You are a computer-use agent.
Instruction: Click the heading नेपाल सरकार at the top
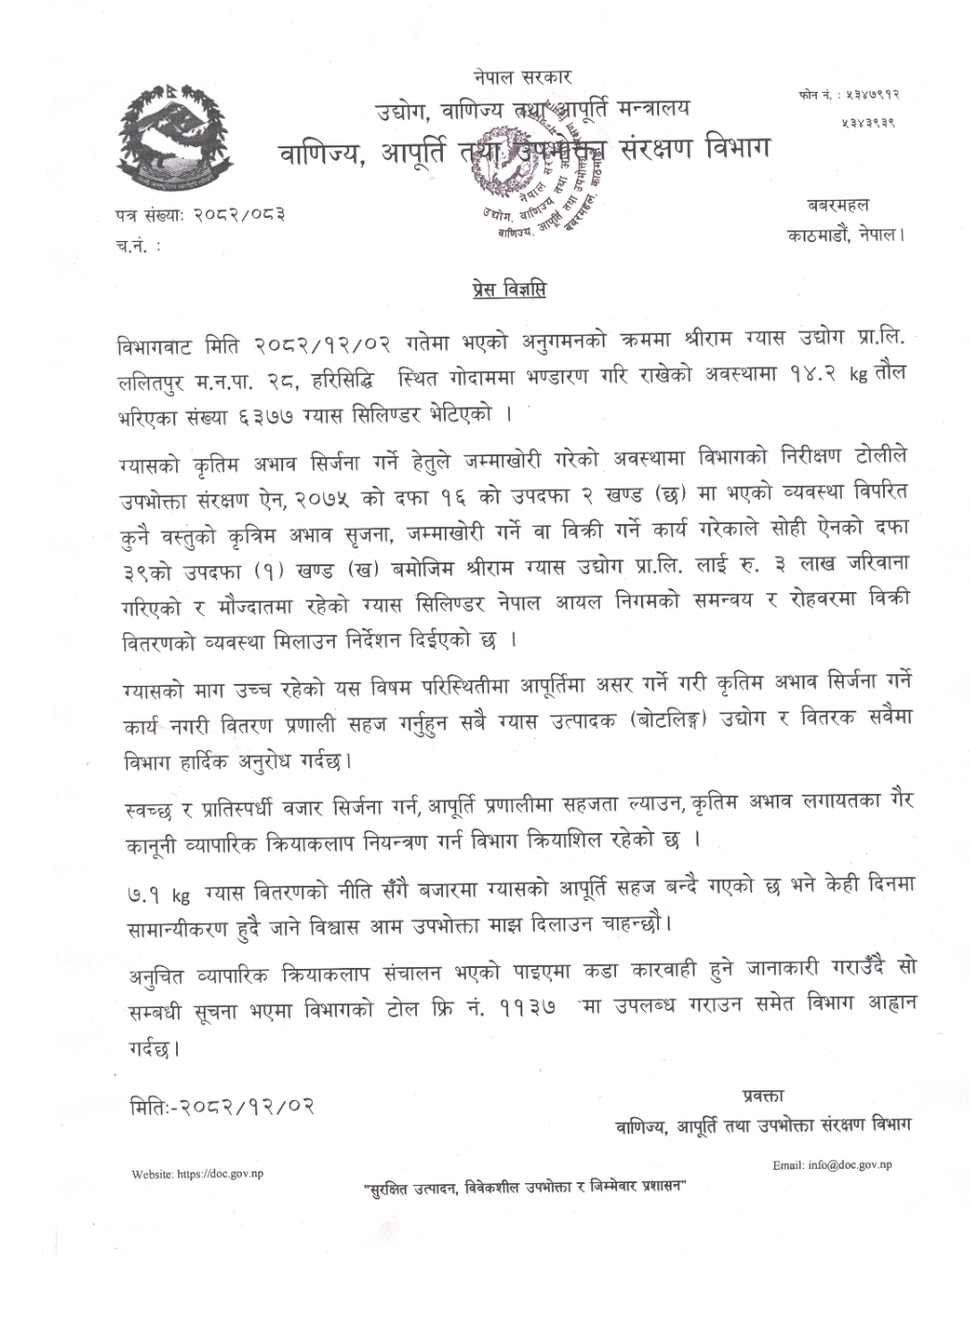tap(522, 77)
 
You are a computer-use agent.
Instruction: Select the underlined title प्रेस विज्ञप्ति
tap(509, 289)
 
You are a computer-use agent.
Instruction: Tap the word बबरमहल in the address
tap(838, 206)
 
